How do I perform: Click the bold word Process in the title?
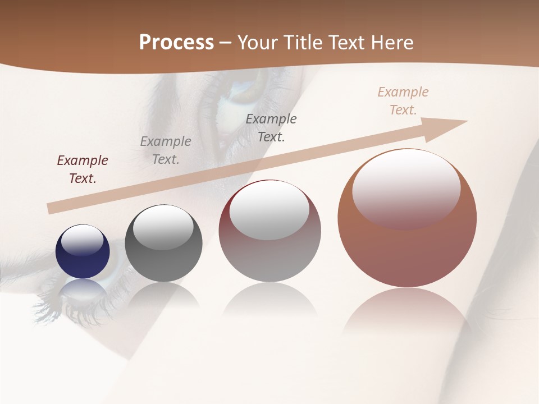(x=176, y=43)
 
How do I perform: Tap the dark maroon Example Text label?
(x=83, y=169)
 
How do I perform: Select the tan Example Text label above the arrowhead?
(x=403, y=101)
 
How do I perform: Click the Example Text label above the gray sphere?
(x=166, y=150)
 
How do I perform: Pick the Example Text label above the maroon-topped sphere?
(x=271, y=128)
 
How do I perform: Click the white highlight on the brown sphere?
(x=406, y=188)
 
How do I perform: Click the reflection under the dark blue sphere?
(x=83, y=289)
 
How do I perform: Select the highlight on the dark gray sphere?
(x=163, y=226)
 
